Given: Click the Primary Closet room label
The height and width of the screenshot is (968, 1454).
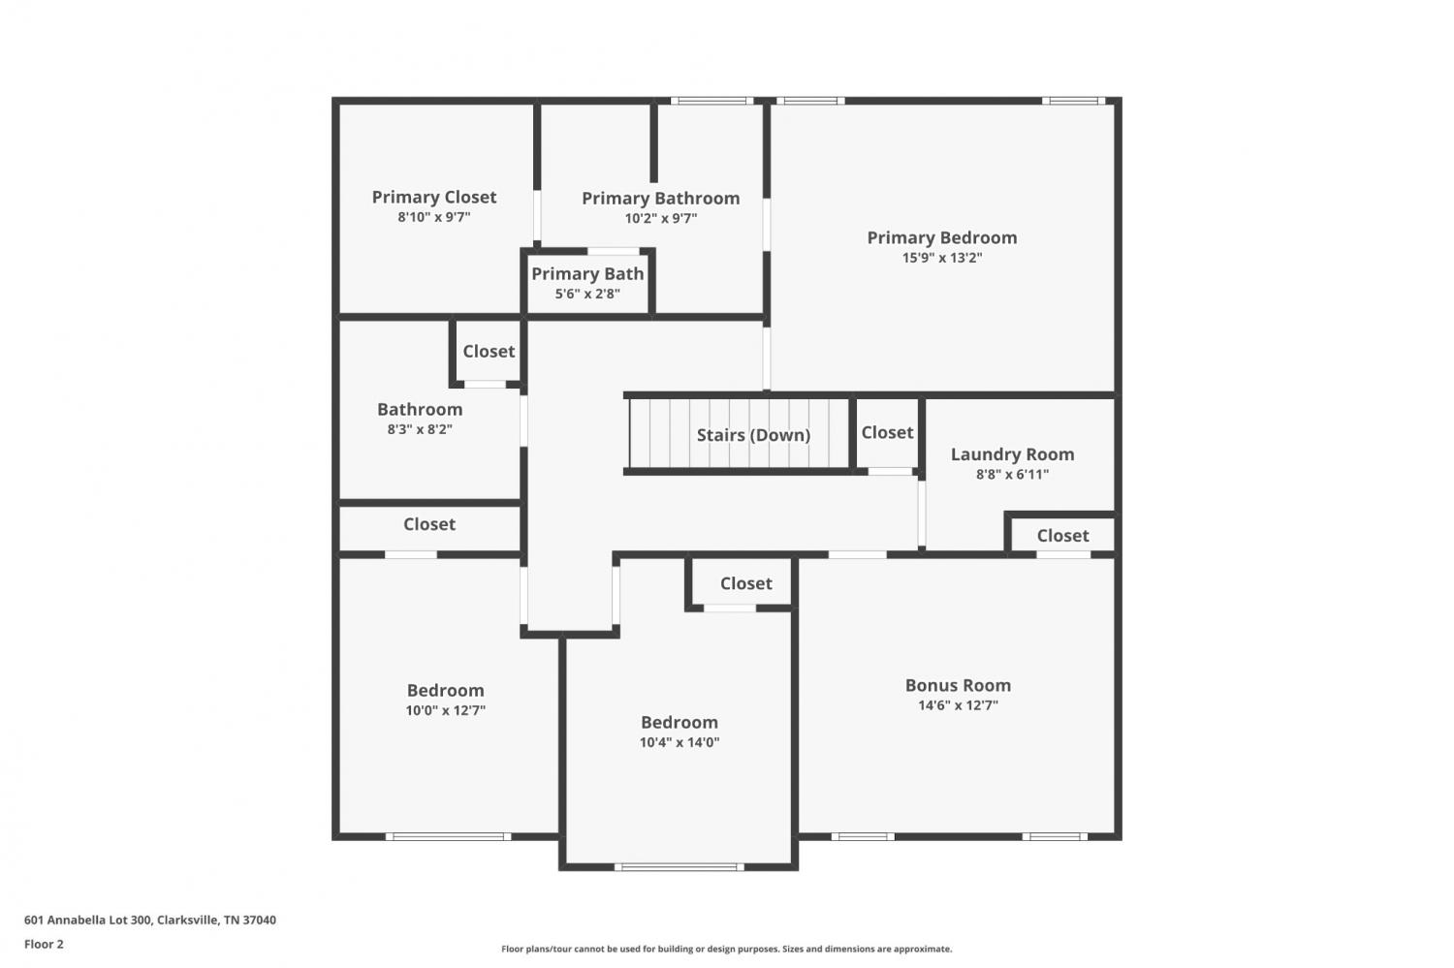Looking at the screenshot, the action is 433,198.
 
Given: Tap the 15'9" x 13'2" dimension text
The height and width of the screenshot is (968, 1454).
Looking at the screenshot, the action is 942,258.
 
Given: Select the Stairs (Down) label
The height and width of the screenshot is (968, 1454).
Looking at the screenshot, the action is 753,435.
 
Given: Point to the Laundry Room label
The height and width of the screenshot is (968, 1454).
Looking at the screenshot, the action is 1012,454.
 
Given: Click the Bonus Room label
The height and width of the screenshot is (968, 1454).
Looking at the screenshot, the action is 958,685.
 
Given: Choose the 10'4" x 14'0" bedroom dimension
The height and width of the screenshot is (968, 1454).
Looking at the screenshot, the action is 680,742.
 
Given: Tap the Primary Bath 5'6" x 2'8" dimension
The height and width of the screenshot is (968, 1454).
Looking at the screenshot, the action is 587,294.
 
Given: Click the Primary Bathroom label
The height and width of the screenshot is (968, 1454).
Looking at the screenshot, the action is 661,199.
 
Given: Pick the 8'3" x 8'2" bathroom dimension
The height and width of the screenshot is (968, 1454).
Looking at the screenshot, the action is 420,429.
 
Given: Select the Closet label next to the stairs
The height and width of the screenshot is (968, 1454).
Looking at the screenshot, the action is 887,433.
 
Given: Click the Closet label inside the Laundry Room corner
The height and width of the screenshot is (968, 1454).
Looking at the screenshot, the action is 1062,536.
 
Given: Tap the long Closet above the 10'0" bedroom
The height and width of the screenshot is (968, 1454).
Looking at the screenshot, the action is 429,524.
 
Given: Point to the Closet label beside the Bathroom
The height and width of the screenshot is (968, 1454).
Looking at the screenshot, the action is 489,352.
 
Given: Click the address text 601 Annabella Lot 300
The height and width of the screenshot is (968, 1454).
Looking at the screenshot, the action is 88,920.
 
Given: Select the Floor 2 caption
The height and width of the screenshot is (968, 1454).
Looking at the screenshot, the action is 45,944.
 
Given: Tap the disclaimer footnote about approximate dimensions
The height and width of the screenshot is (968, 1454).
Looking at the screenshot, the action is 726,949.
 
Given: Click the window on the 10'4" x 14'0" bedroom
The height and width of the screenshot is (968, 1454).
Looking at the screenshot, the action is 679,867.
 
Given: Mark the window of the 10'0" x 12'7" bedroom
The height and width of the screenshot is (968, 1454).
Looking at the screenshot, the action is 448,836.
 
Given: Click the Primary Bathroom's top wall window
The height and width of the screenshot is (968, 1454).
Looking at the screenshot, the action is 712,101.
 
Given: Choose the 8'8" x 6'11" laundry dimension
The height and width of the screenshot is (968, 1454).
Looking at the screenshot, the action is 1012,474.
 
